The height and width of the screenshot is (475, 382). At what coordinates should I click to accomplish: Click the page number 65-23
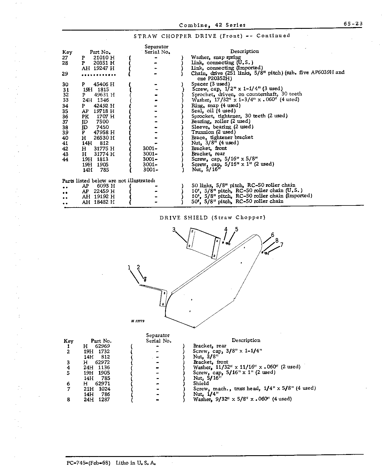tap(353, 24)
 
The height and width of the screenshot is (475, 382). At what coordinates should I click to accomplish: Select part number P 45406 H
tap(98, 84)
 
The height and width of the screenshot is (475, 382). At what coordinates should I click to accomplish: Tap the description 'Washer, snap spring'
tap(216, 57)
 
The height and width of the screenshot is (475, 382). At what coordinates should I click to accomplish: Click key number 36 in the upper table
tap(65, 116)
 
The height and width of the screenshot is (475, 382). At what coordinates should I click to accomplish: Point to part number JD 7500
tap(95, 122)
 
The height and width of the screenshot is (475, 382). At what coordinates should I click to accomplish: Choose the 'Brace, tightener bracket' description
tap(222, 137)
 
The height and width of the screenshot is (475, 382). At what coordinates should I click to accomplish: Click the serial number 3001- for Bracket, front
tap(150, 148)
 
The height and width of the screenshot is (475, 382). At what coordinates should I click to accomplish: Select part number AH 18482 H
tap(98, 202)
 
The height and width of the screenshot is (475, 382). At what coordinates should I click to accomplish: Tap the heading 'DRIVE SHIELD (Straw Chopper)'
tap(213, 218)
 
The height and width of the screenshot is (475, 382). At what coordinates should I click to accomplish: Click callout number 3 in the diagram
tap(174, 230)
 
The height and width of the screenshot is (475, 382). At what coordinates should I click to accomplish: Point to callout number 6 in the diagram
tap(273, 235)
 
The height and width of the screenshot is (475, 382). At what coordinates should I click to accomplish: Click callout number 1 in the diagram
tap(129, 267)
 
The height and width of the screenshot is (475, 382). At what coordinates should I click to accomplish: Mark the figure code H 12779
tap(138, 321)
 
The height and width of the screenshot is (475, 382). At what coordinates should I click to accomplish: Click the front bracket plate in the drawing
tap(203, 243)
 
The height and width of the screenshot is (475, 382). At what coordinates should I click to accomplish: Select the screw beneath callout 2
tap(145, 279)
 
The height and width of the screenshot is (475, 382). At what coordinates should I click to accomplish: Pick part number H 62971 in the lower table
tap(96, 384)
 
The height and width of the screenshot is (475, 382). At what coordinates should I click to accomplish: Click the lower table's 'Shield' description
tap(201, 383)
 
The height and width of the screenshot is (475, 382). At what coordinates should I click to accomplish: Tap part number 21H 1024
tap(97, 389)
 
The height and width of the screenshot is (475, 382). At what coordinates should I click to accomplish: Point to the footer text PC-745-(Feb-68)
tap(88, 463)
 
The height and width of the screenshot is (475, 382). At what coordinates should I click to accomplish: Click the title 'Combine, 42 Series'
tap(212, 25)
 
